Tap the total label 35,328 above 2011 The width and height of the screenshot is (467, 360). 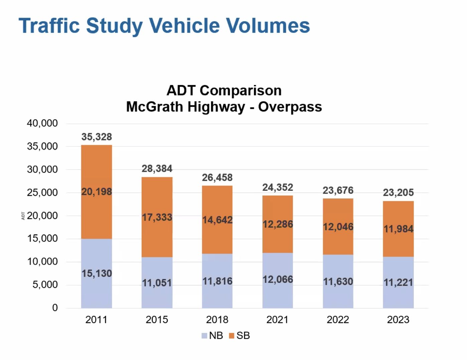97,137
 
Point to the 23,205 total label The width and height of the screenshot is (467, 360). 398,193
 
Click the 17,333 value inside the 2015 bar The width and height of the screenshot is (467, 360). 157,217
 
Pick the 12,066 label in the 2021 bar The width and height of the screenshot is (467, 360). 278,279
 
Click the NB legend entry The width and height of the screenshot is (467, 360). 212,336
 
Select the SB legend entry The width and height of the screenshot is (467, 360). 240,336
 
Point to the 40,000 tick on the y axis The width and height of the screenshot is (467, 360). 42,123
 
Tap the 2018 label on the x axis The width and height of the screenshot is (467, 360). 217,320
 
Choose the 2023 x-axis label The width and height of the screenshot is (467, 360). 398,320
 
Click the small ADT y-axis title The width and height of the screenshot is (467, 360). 23,216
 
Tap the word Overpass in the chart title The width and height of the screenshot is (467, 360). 290,107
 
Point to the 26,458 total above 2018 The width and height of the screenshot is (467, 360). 217,177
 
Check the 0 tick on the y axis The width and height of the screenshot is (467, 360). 55,308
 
